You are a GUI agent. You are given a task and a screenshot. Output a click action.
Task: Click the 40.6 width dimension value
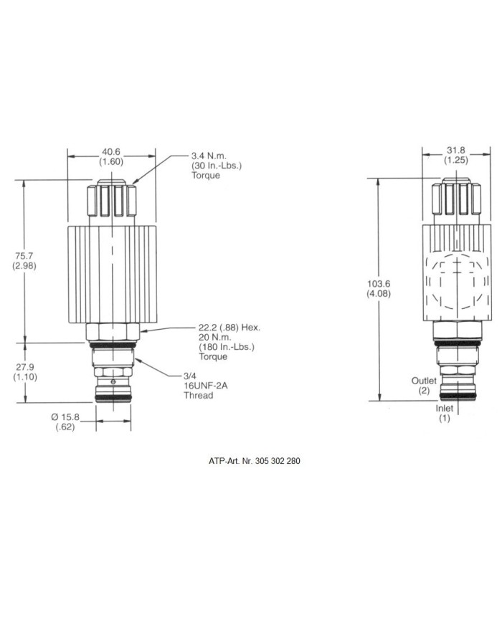(111, 152)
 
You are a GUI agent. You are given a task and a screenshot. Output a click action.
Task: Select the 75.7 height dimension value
(24, 256)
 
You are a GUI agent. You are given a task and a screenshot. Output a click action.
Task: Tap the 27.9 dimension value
(24, 367)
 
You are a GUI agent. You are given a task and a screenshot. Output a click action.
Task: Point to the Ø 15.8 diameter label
(65, 417)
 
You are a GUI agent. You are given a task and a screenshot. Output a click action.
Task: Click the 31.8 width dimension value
(456, 150)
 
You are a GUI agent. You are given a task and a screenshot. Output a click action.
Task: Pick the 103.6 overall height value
(379, 284)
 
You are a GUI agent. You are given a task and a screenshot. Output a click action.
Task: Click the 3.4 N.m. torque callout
(209, 156)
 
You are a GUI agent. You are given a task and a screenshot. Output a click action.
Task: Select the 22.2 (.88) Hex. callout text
(229, 328)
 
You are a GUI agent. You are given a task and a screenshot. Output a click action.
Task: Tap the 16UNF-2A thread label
(205, 386)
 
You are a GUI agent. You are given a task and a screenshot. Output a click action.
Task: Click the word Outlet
(424, 381)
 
